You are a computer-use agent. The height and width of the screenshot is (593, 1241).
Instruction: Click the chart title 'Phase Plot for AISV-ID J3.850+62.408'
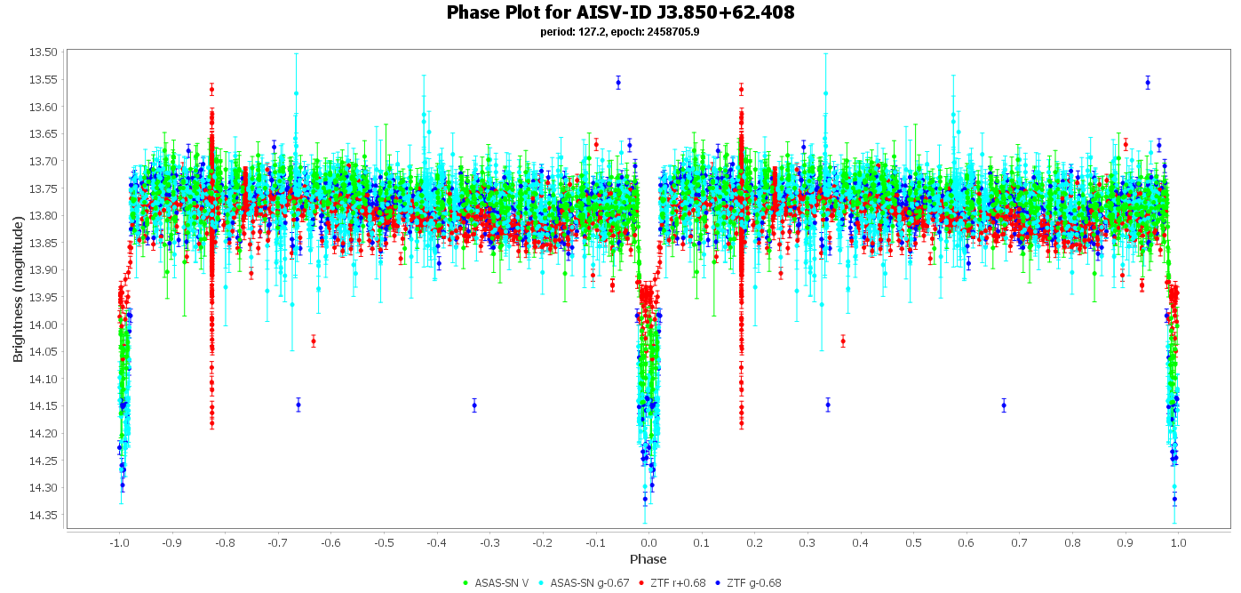click(x=620, y=12)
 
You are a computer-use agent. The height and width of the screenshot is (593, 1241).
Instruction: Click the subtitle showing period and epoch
click(x=620, y=32)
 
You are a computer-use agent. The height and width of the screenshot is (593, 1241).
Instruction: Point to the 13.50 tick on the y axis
click(x=44, y=52)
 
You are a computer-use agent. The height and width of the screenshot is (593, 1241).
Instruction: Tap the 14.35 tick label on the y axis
click(x=44, y=516)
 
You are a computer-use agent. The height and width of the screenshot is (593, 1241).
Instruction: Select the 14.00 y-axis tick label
click(x=44, y=325)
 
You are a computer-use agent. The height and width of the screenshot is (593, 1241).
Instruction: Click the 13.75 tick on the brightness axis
click(x=44, y=188)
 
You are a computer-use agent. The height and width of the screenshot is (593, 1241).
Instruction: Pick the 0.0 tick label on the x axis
click(x=648, y=543)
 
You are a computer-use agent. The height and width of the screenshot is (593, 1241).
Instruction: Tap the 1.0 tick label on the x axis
click(x=1179, y=543)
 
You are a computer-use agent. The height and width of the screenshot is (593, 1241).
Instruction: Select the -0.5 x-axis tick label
click(x=384, y=543)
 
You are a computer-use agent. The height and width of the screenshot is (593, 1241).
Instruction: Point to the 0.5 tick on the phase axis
click(x=913, y=543)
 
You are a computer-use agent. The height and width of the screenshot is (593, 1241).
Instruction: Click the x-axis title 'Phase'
click(x=648, y=559)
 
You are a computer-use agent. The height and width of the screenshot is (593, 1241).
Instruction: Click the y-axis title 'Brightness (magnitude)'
click(x=19, y=289)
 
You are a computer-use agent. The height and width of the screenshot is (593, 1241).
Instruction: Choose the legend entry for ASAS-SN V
click(x=496, y=583)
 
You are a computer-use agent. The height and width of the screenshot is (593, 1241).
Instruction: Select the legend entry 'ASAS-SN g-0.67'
click(x=584, y=583)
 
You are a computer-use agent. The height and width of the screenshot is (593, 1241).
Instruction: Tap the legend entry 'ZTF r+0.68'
click(x=672, y=583)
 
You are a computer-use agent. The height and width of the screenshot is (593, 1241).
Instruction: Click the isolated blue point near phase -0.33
click(x=474, y=405)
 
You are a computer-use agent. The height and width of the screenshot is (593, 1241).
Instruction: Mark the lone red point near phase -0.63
click(x=314, y=341)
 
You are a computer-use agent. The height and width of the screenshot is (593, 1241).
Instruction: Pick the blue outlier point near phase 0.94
click(x=1148, y=84)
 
